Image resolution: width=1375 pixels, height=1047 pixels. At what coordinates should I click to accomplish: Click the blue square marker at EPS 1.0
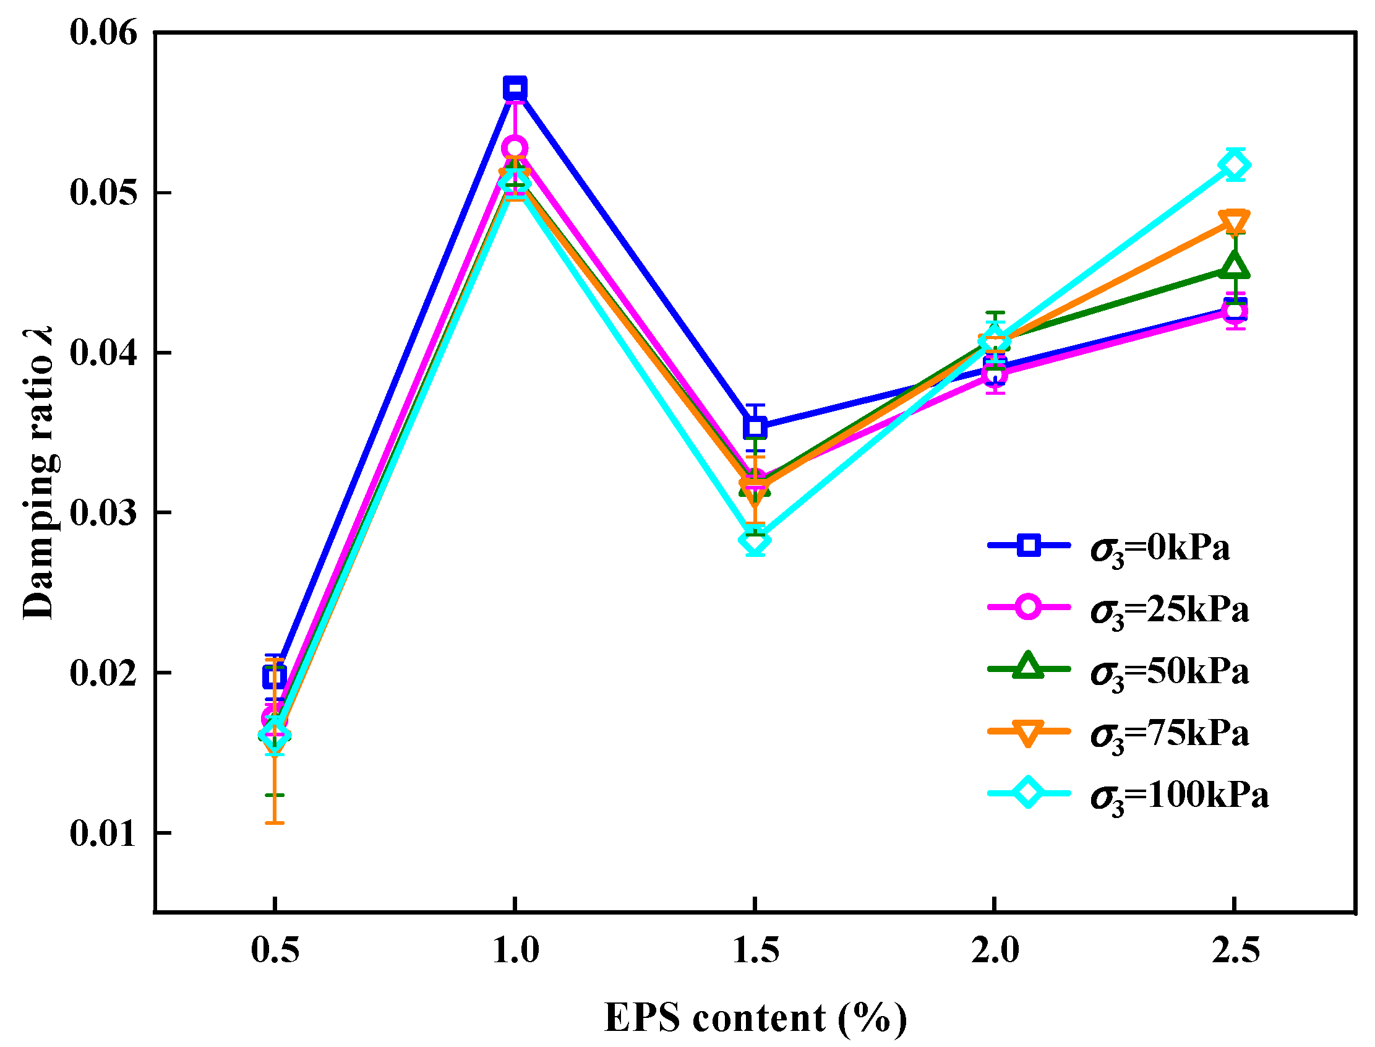click(x=515, y=88)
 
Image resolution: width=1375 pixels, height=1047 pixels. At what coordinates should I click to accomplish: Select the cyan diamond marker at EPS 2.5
click(x=1234, y=166)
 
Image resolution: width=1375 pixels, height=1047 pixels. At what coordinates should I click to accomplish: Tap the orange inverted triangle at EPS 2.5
click(x=1234, y=222)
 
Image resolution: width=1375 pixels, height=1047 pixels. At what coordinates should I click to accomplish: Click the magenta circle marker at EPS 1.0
click(x=515, y=149)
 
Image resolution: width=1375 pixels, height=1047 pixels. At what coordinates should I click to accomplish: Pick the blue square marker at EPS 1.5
click(x=755, y=428)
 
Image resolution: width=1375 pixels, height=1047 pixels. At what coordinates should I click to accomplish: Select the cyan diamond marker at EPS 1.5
click(x=755, y=540)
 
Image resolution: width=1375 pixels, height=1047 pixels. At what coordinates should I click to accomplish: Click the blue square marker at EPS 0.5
click(x=275, y=678)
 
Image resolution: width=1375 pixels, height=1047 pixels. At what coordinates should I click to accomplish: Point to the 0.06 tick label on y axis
click(x=103, y=32)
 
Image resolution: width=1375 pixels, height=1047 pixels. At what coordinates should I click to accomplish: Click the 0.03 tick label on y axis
click(x=103, y=513)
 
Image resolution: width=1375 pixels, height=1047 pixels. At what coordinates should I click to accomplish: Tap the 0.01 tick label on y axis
click(x=103, y=834)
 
